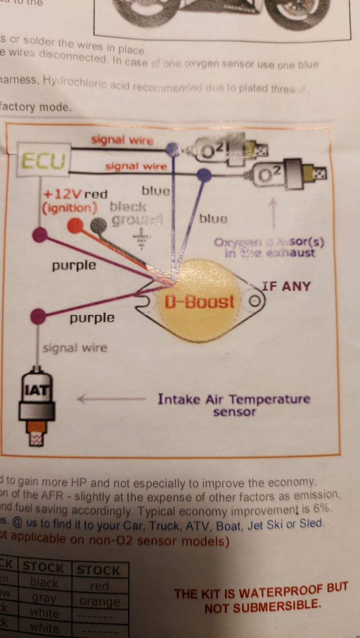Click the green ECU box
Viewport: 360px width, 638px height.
point(43,161)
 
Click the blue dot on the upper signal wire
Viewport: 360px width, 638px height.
point(172,149)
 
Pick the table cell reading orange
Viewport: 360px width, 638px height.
point(99,602)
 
